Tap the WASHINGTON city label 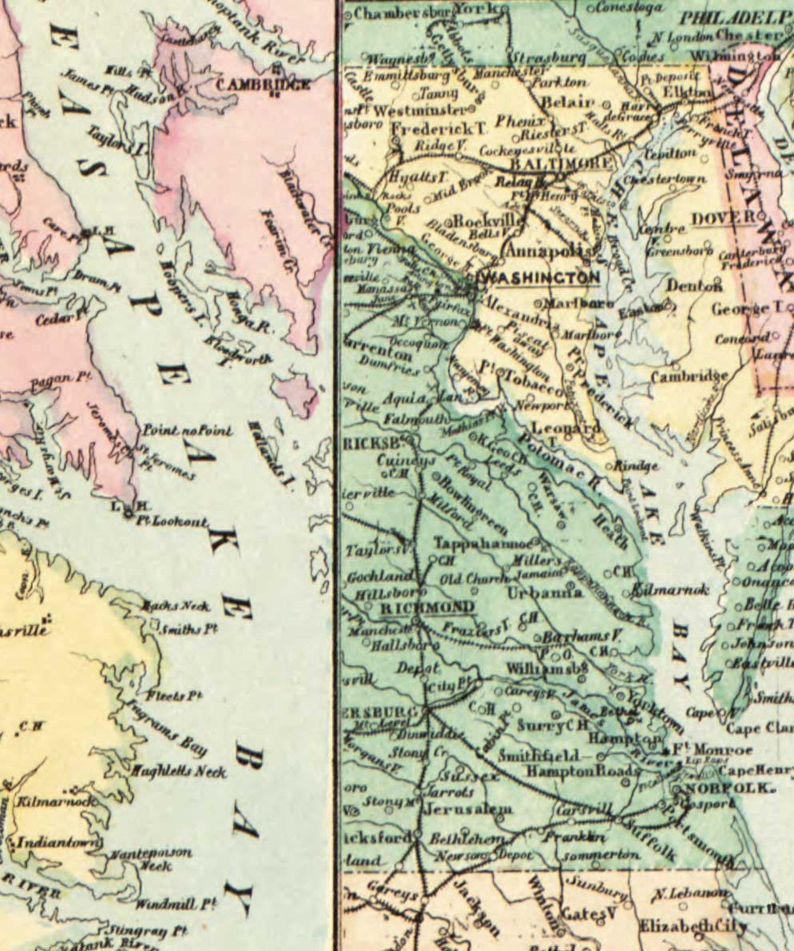pos(540,278)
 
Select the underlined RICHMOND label pos(427,608)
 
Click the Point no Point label pos(187,431)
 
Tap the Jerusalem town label pos(468,809)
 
